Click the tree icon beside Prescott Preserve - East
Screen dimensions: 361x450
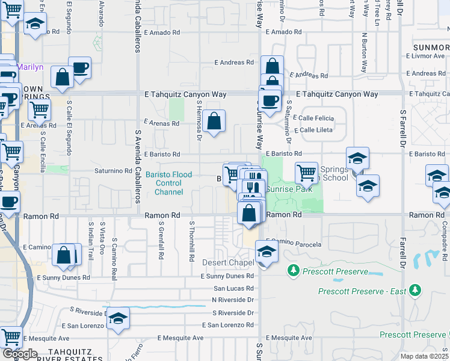(415, 291)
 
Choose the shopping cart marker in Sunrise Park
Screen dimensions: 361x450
(307, 173)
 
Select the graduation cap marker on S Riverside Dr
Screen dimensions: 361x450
(118, 318)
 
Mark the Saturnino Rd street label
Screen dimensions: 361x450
(113, 171)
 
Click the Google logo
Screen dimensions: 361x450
(20, 354)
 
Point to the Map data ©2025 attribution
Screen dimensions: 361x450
(424, 356)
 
